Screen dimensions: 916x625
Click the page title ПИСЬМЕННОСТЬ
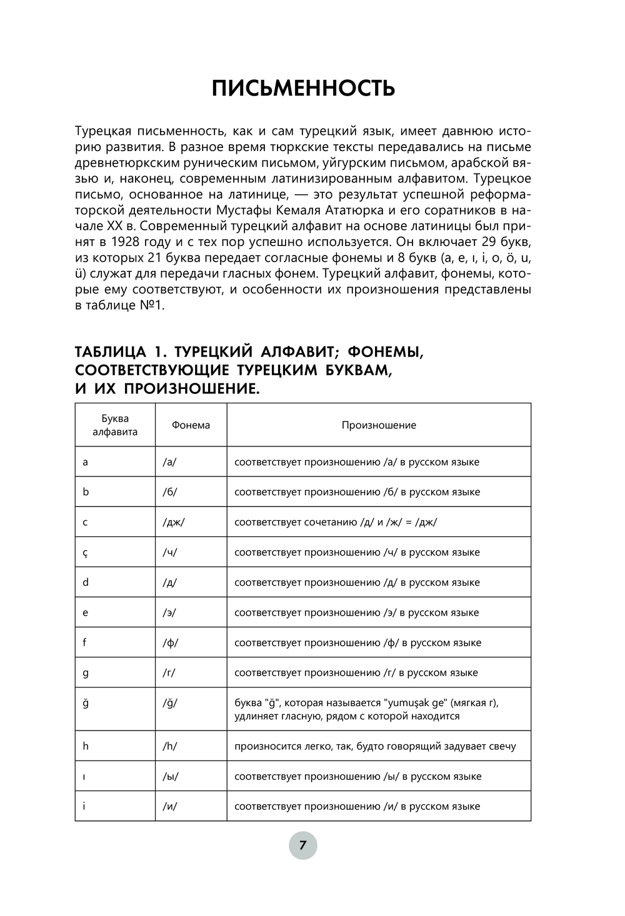click(303, 89)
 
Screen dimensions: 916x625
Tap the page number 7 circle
click(303, 846)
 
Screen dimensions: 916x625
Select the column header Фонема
click(191, 425)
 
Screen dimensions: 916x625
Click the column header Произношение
click(379, 425)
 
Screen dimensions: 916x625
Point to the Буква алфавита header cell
click(115, 425)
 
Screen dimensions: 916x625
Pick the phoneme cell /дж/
click(173, 522)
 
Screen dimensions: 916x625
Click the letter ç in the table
click(86, 553)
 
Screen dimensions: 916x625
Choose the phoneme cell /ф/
click(170, 643)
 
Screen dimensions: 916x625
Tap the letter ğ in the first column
click(86, 703)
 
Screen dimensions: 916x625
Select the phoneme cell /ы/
click(170, 777)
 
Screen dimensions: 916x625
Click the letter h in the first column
click(86, 746)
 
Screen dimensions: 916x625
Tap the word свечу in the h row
click(502, 746)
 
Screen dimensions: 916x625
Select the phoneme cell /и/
click(169, 807)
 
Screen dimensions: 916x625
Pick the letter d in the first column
click(86, 583)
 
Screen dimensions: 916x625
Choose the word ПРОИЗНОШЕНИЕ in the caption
click(191, 389)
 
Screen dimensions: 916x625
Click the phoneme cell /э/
click(169, 613)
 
